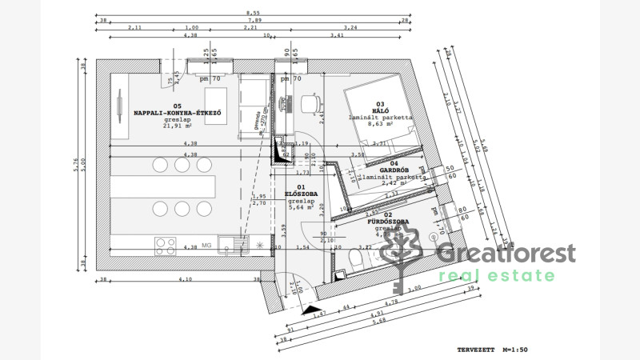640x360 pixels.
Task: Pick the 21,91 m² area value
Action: click(x=177, y=126)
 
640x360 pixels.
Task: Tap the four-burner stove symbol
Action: click(x=166, y=245)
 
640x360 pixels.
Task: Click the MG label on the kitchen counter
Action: click(x=206, y=246)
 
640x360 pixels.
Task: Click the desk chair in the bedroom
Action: click(x=310, y=102)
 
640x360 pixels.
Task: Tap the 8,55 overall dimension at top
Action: click(x=252, y=14)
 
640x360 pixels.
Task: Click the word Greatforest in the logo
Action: click(x=505, y=254)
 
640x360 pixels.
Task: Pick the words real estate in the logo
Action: click(x=496, y=276)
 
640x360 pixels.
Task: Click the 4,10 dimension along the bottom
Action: click(x=185, y=279)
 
